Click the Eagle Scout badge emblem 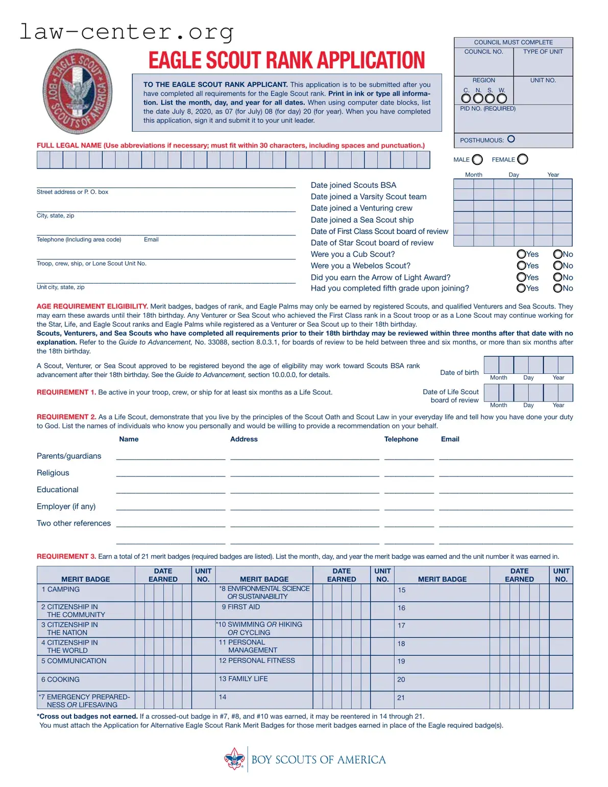77,91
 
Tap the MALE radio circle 477,160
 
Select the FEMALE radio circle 523,159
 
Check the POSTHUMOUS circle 511,139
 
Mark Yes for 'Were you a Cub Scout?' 521,254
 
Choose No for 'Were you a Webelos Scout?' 558,266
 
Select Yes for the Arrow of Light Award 521,277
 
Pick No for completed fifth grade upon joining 558,288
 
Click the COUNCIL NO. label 483,52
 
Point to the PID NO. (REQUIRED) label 488,109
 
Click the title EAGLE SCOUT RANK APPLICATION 286,60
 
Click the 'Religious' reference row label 53,473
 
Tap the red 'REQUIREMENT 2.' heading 66,417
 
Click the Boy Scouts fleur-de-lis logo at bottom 234,759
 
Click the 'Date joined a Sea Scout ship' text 362,220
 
